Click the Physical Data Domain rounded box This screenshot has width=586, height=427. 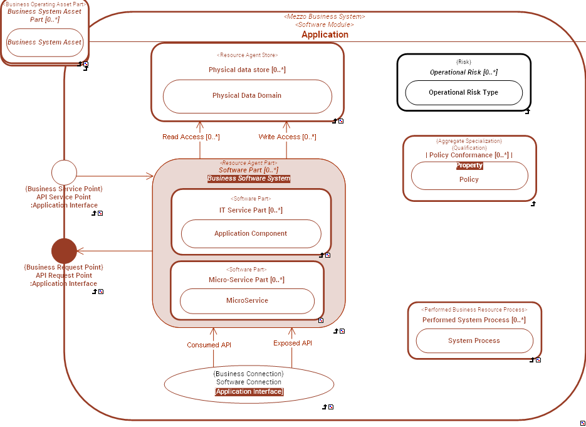247,96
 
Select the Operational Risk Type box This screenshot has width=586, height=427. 464,93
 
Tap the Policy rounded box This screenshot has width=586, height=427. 469,179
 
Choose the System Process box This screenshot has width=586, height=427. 474,341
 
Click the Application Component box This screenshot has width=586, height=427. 251,234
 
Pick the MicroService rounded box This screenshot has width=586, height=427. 247,301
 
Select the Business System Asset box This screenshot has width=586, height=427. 44,43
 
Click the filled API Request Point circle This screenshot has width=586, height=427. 64,251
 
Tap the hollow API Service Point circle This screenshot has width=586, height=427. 64,172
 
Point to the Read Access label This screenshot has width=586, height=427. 191,137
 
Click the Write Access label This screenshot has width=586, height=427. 287,137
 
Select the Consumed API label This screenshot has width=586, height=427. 209,345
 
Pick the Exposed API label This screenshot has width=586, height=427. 292,344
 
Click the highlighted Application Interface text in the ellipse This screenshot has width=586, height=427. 249,392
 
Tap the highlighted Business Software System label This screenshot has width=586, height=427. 249,179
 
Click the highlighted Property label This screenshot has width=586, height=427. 469,166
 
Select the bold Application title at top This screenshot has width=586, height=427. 325,35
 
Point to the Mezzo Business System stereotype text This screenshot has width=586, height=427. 324,16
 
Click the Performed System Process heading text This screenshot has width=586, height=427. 474,320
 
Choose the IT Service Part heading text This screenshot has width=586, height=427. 251,210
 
